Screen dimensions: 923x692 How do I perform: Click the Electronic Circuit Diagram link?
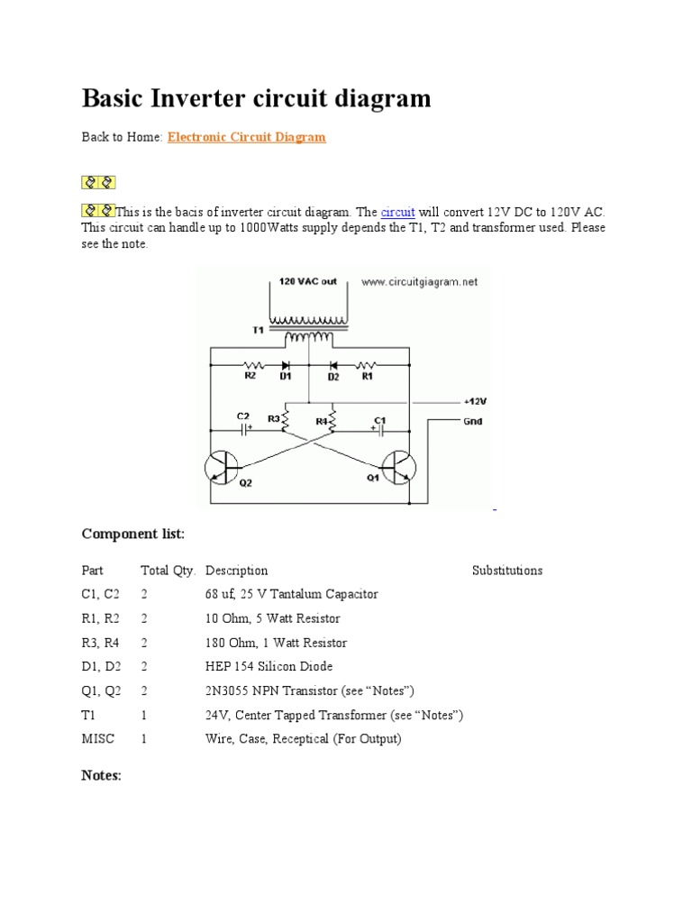[246, 137]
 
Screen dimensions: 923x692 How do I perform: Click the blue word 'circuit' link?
[397, 212]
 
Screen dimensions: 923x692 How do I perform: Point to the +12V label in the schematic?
[476, 401]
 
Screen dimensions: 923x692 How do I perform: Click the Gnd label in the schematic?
[474, 421]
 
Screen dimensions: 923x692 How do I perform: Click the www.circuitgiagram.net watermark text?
[420, 282]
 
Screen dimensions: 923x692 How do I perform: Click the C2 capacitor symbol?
[242, 430]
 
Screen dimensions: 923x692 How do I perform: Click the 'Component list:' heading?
[132, 535]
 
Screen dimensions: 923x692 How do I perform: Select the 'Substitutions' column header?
[507, 571]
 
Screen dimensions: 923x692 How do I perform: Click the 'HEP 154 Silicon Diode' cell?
[269, 666]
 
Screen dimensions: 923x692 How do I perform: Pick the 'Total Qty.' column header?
[168, 571]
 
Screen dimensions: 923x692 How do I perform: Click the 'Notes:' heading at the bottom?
[102, 775]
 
